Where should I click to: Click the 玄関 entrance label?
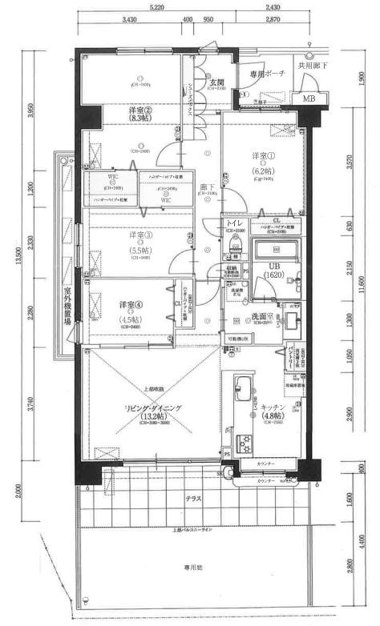tap(216, 82)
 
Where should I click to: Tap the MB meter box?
tap(308, 98)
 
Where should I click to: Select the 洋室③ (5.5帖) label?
tap(139, 242)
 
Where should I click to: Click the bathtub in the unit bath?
tap(276, 251)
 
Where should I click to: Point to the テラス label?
tap(191, 499)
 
